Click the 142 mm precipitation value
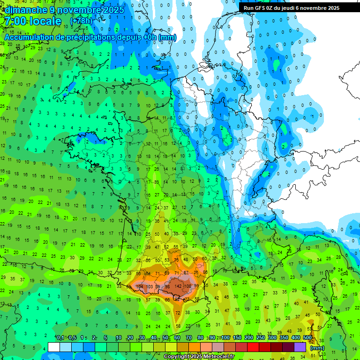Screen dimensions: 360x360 pyautogui.click(x=178, y=286)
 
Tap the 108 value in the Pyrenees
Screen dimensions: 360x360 pyautogui.click(x=188, y=286)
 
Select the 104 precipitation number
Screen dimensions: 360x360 pyautogui.click(x=139, y=286)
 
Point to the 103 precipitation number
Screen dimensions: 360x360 pyautogui.click(x=150, y=286)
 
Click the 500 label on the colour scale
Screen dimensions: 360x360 pyautogui.click(x=307, y=338)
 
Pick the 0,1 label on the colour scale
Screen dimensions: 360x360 pyautogui.click(x=60, y=338)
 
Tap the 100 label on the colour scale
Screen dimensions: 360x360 pyautogui.click(x=225, y=338)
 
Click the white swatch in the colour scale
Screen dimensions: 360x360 pyautogui.click(x=54, y=347)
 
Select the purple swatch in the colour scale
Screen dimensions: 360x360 pyautogui.click(x=300, y=347)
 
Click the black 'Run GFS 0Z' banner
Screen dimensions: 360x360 pyautogui.click(x=295, y=7)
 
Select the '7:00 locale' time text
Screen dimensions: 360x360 pyautogui.click(x=32, y=21)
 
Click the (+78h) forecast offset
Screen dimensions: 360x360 pyautogui.click(x=81, y=21)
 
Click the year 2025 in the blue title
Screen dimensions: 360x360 pyautogui.click(x=114, y=10)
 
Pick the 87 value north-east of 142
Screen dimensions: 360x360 pyautogui.click(x=186, y=272)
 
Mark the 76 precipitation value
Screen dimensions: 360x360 pyautogui.click(x=176, y=260)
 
